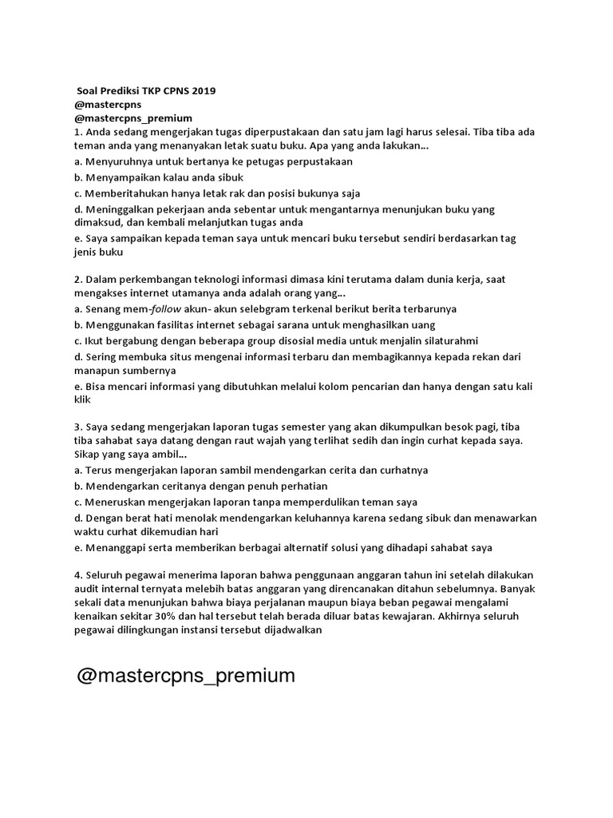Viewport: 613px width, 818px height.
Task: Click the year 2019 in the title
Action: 202,91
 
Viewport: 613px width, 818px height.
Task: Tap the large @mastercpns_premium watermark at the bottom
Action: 186,676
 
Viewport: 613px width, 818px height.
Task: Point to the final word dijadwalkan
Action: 285,629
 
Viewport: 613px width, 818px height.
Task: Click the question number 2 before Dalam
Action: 77,279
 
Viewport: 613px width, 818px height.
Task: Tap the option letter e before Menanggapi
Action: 77,547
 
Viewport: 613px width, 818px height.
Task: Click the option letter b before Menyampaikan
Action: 77,177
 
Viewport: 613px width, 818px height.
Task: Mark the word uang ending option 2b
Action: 425,324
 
